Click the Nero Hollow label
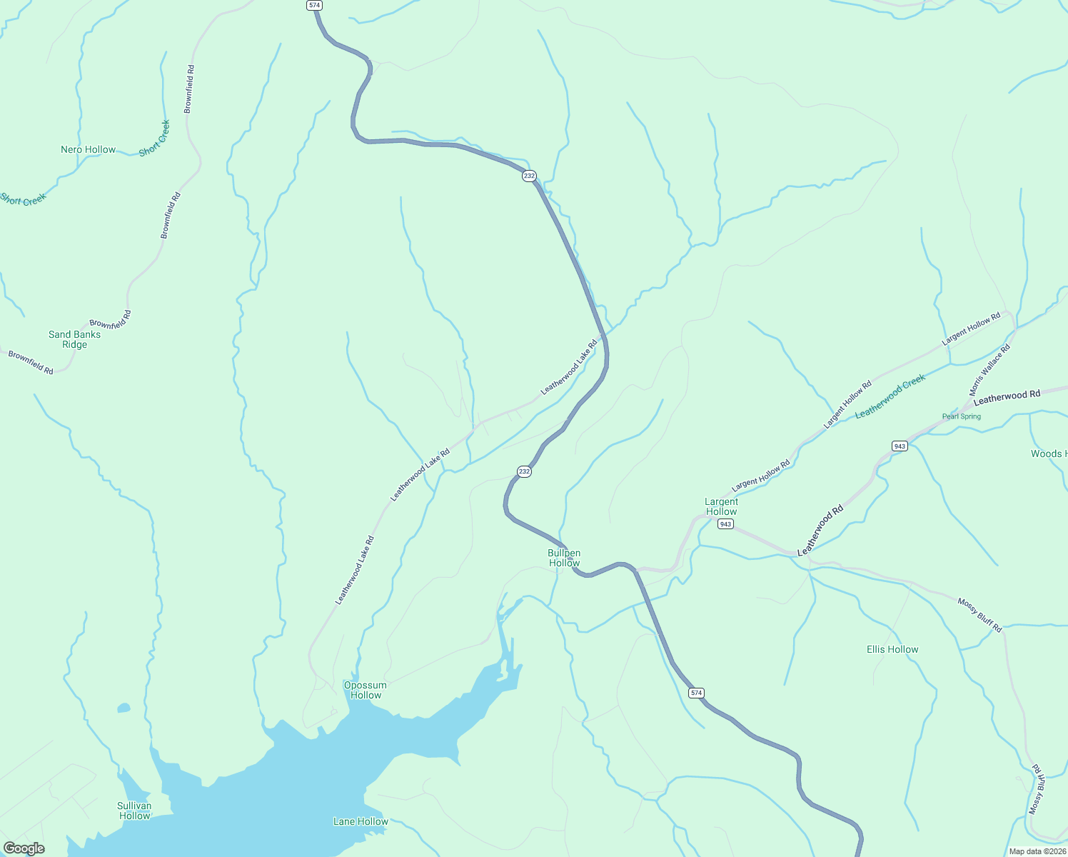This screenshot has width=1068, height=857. click(x=88, y=149)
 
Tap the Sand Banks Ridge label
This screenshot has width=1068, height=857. click(x=74, y=339)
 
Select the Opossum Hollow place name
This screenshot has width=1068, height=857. click(x=366, y=690)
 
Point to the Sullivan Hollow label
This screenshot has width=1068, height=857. click(x=134, y=811)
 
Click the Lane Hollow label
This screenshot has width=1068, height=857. click(x=361, y=821)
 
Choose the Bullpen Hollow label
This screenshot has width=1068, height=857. click(x=564, y=558)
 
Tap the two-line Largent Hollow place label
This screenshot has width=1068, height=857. click(x=721, y=506)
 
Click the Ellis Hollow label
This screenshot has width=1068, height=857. click(x=892, y=649)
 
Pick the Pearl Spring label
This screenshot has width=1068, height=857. click(x=962, y=416)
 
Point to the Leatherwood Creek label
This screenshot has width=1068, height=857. click(x=890, y=396)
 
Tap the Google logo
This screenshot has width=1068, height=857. click(x=24, y=848)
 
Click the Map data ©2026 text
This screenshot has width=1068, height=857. click(x=1037, y=851)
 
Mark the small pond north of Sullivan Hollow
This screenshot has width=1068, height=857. click(x=124, y=708)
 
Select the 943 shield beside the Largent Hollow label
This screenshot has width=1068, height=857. click(x=725, y=524)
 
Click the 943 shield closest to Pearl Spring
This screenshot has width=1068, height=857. click(x=900, y=446)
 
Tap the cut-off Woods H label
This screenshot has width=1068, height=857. click(x=1049, y=453)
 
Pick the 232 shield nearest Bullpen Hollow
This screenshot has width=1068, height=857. click(x=525, y=471)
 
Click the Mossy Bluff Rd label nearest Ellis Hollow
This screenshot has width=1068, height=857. click(x=979, y=616)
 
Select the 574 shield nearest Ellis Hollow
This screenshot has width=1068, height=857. click(x=697, y=693)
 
